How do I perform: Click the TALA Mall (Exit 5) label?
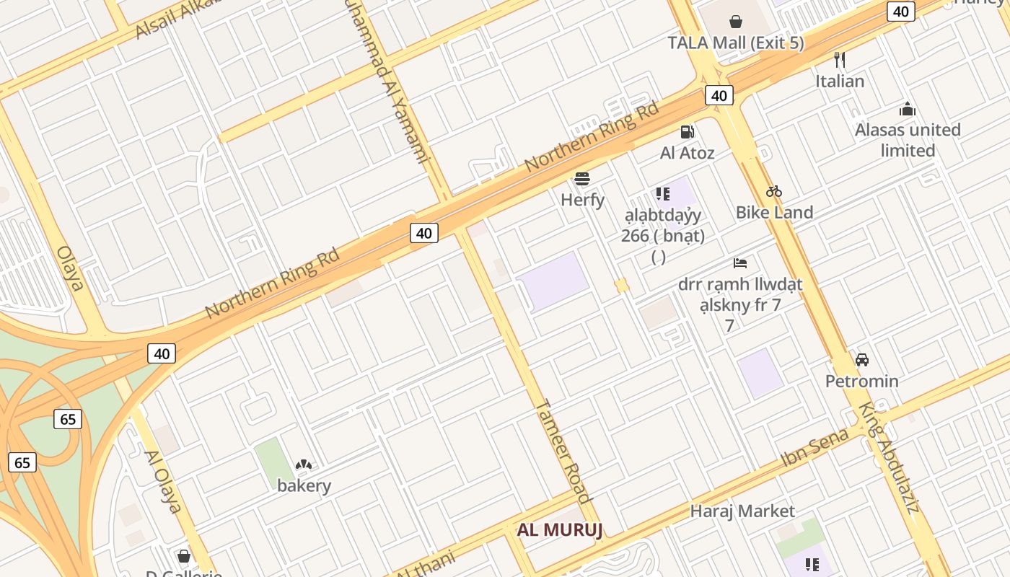736,43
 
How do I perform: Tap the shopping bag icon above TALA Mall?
736,22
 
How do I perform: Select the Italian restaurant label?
840,81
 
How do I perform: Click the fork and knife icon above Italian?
839,59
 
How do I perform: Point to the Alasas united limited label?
908,140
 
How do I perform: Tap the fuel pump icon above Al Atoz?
688,132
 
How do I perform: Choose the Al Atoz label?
688,153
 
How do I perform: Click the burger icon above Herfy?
582,178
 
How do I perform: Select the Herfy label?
582,200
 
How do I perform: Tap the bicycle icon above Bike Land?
774,191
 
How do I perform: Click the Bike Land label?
774,212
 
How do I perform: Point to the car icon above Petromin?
861,359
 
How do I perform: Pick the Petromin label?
862,381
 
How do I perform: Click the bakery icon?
304,465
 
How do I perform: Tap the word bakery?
304,485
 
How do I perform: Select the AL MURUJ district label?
559,530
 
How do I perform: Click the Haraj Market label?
742,511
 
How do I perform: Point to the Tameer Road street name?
563,451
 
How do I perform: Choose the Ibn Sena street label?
815,448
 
